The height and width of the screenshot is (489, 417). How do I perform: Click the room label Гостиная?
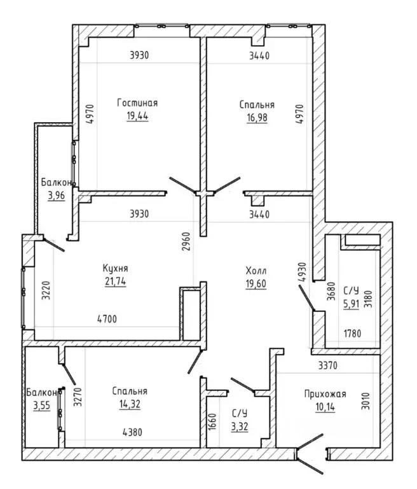click(137, 103)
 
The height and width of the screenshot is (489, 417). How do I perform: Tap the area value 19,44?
click(137, 116)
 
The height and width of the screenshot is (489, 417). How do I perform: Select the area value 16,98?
click(257, 118)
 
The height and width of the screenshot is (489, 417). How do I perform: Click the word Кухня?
click(115, 268)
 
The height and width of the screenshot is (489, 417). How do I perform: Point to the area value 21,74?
click(116, 281)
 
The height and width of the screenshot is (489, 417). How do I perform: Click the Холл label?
click(256, 271)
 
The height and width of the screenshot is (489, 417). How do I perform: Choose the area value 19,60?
click(256, 284)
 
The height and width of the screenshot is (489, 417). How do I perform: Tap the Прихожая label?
click(325, 394)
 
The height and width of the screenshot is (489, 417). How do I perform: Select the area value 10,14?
click(325, 407)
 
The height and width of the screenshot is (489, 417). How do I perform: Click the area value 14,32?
click(130, 404)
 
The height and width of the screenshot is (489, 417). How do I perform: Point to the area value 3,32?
click(240, 427)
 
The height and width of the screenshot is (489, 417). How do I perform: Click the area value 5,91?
click(352, 304)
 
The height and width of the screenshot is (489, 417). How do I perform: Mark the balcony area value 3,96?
click(57, 195)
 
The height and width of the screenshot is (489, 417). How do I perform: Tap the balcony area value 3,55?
click(42, 406)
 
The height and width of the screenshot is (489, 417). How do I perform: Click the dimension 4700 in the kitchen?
click(107, 319)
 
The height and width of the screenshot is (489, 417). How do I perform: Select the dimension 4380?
click(132, 432)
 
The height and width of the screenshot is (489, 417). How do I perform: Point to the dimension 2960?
click(186, 242)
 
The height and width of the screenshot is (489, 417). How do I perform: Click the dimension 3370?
click(328, 365)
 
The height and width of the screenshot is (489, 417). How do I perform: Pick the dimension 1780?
click(353, 334)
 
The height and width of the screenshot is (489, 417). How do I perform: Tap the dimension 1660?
click(212, 422)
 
